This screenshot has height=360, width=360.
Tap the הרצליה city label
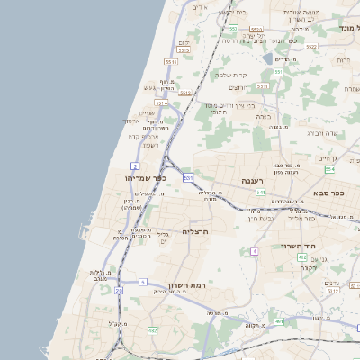pos(195,231)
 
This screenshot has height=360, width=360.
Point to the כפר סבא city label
pos(332,193)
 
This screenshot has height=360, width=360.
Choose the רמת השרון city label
pos(187,285)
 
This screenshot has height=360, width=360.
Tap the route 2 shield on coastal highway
pos(135,166)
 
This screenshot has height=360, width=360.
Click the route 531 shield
pos(188,178)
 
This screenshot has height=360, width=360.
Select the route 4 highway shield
pos(255,251)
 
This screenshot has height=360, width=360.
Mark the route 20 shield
pos(119,291)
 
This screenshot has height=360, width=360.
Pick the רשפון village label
pos(150,145)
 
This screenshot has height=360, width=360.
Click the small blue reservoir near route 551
pos(267,59)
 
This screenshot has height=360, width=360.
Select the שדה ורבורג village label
pos(321,132)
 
